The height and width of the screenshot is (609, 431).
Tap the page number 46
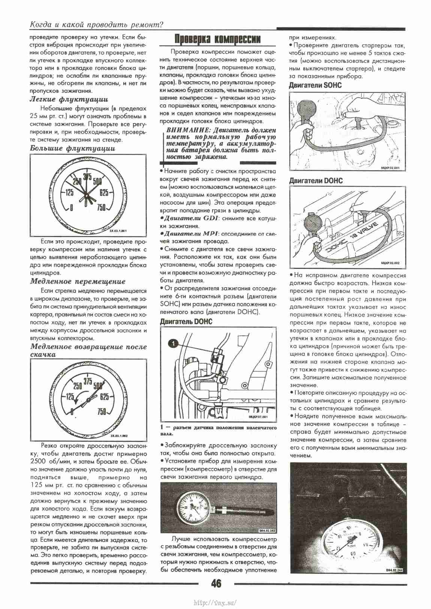(216, 584)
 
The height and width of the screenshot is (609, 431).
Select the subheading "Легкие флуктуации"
(69, 99)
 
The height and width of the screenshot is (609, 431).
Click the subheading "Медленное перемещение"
(78, 281)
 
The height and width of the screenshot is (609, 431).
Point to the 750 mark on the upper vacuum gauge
(102, 208)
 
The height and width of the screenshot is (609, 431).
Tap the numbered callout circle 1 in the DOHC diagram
(172, 342)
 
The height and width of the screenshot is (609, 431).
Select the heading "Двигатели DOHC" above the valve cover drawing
(316, 181)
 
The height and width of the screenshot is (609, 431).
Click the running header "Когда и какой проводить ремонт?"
(96, 25)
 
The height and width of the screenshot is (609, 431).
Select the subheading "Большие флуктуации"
(72, 148)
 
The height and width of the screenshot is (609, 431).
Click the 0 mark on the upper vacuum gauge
(71, 208)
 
